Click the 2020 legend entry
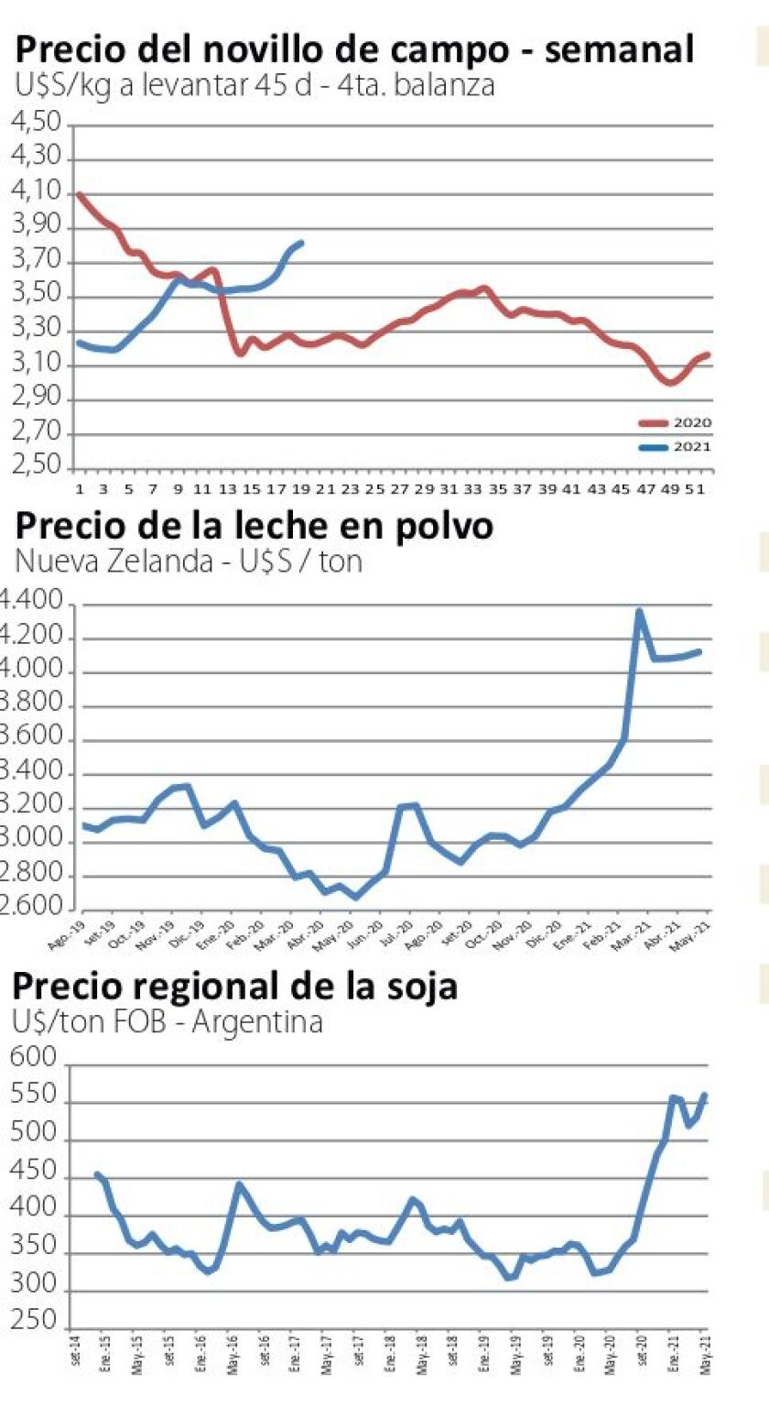pos(675,422)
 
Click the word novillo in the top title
pos(260,49)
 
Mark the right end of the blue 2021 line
pos(302,243)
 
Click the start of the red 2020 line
pos(80,194)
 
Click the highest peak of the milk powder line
pos(639,611)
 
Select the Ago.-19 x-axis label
pos(61,932)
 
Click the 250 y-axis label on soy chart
pos(34,1326)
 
